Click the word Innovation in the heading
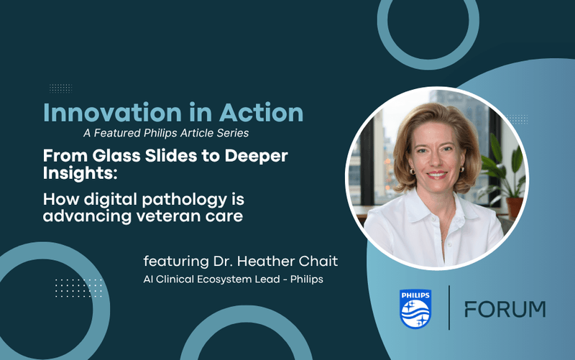click(112, 112)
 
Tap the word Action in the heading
click(262, 112)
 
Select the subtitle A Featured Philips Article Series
click(166, 133)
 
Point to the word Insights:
click(80, 173)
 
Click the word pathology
click(185, 200)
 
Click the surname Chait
click(318, 262)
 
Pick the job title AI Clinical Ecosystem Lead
click(211, 280)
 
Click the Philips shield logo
click(415, 309)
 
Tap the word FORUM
click(505, 309)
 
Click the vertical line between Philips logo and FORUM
click(449, 308)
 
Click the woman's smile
click(437, 175)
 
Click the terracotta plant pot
click(514, 208)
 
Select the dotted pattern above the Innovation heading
click(61, 88)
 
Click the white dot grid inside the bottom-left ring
click(78, 288)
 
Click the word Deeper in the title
click(256, 157)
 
